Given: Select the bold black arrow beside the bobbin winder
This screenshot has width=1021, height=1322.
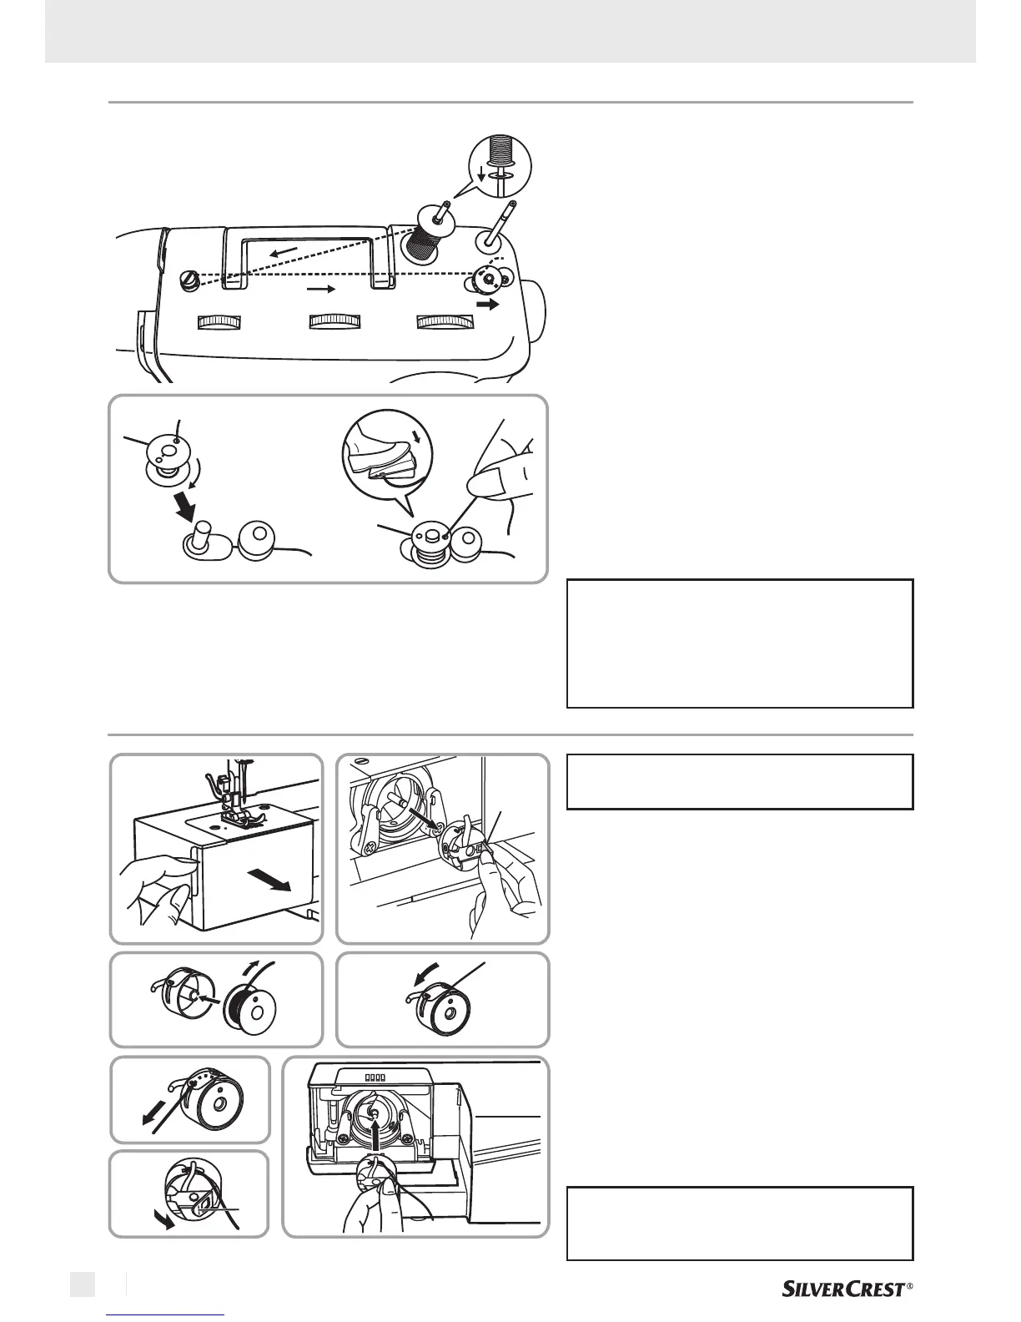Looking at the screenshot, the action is point(487,305).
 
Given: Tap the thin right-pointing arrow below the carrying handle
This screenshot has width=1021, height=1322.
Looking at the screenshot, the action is point(320,290).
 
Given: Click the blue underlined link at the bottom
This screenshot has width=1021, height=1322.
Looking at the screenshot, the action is point(166,1315).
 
